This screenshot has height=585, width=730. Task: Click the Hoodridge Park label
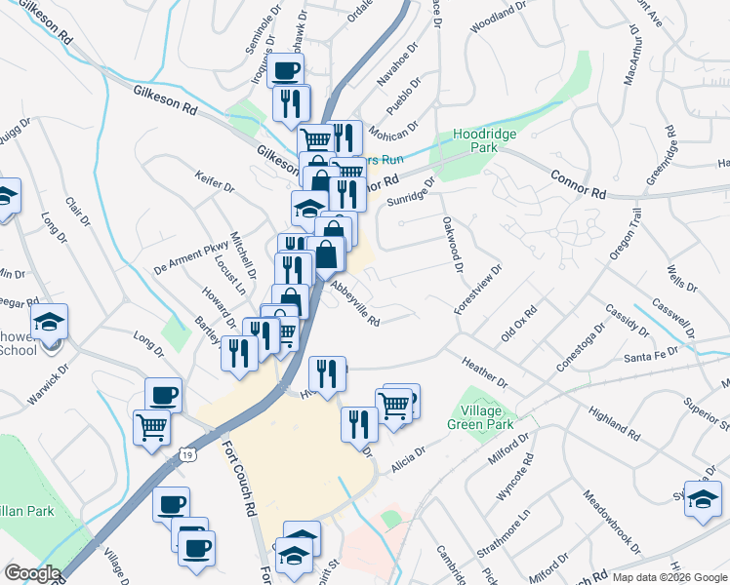tap(477, 142)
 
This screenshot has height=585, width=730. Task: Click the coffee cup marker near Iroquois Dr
tap(285, 70)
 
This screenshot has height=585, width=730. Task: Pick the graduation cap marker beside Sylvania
tap(702, 498)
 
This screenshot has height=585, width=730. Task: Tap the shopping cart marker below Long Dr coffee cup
tap(151, 427)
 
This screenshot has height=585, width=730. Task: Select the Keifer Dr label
tap(215, 185)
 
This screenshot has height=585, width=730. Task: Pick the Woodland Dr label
tap(498, 18)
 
